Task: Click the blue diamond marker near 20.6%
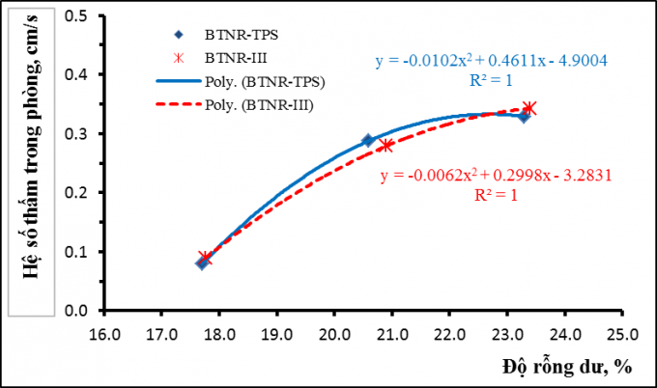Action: [x=367, y=140]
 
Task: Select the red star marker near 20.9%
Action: [x=386, y=146]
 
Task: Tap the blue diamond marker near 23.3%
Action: [x=524, y=117]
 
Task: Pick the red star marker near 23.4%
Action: [x=528, y=108]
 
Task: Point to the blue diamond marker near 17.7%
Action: [x=202, y=263]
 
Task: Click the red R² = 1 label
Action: [x=497, y=194]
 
